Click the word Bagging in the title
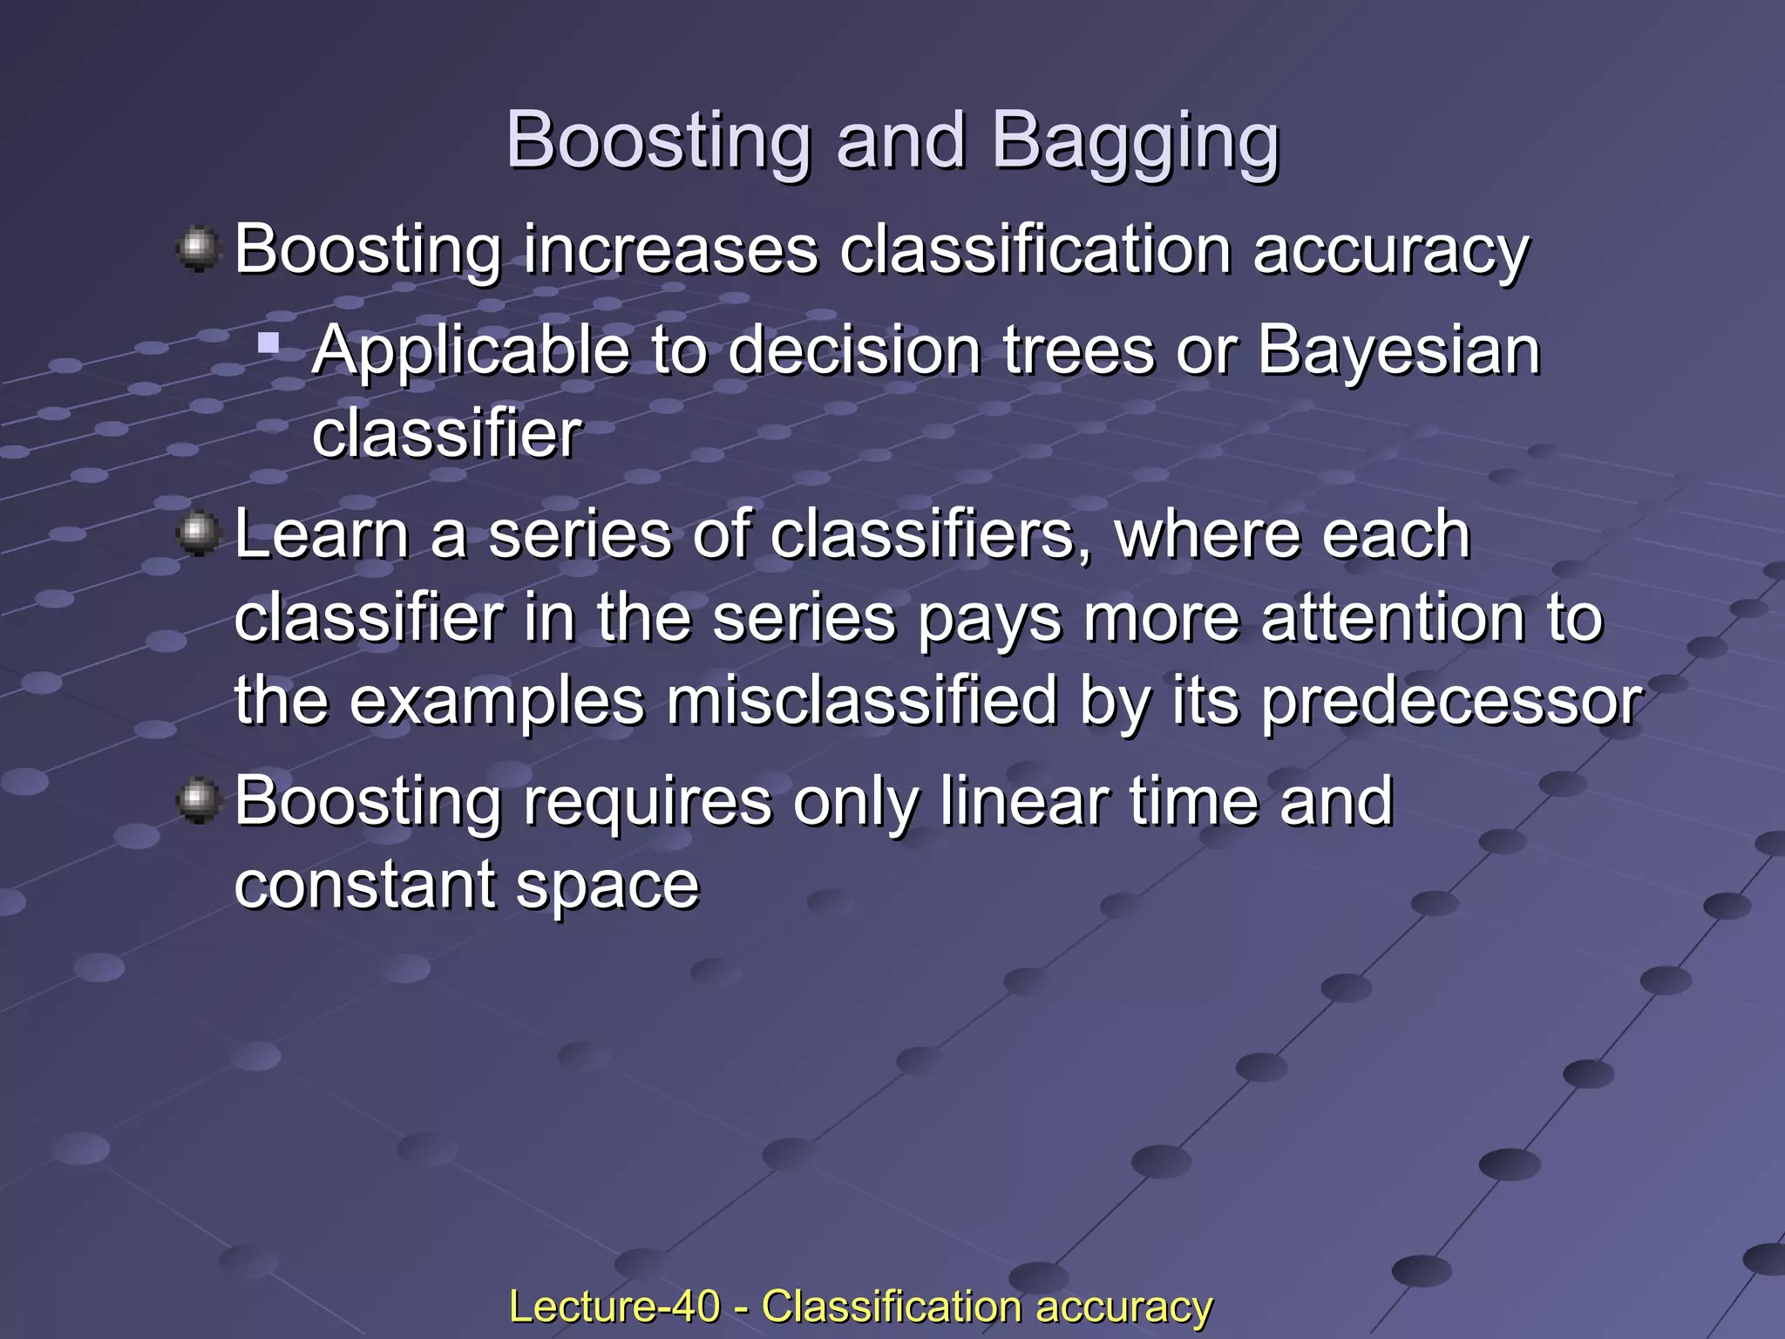(x=1135, y=141)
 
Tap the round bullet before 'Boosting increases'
(x=199, y=249)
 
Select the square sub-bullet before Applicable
(x=268, y=343)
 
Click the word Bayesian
(x=1398, y=350)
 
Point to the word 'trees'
(x=1077, y=350)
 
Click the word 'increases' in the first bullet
(x=670, y=250)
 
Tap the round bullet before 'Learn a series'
(x=199, y=533)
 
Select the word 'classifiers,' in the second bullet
(x=931, y=534)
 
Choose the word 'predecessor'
(x=1451, y=703)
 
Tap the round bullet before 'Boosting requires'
(x=199, y=799)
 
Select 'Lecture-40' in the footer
(x=614, y=1307)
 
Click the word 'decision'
(x=854, y=350)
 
